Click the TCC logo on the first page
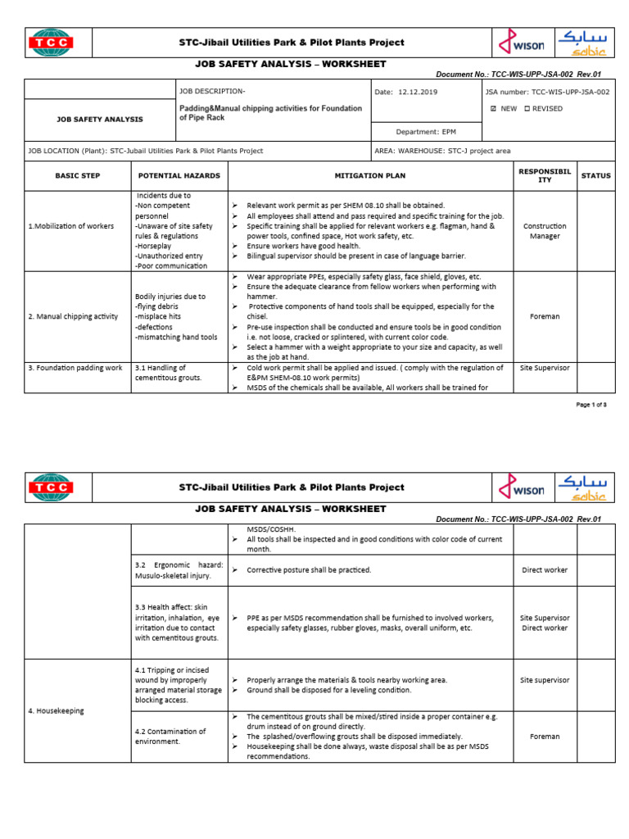click(x=51, y=43)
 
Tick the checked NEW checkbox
click(x=492, y=109)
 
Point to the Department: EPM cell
click(x=426, y=131)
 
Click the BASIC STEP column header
click(x=76, y=175)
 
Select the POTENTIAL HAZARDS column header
click(x=179, y=175)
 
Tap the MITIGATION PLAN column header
click(x=369, y=175)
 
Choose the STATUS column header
click(x=595, y=175)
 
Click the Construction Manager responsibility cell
click(x=545, y=231)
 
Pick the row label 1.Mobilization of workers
click(x=71, y=226)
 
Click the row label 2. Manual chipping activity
click(x=73, y=316)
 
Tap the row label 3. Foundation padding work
click(x=75, y=368)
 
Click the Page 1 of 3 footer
click(x=592, y=406)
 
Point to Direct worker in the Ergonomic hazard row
click(x=545, y=569)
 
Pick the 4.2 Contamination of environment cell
click(x=170, y=736)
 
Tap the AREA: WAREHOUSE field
click(x=441, y=151)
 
